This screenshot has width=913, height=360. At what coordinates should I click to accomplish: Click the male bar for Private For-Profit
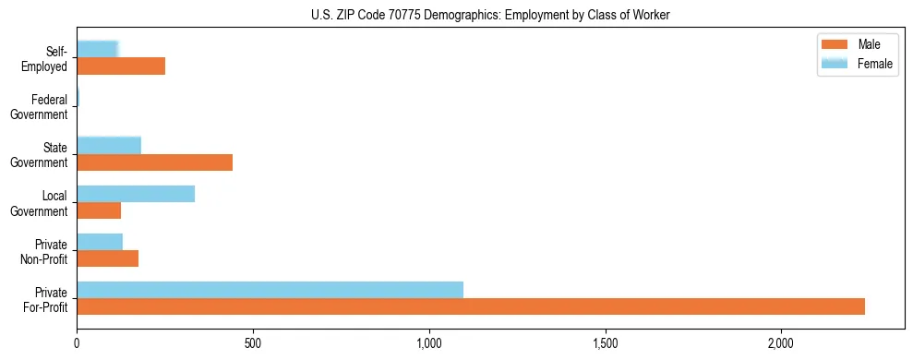(471, 306)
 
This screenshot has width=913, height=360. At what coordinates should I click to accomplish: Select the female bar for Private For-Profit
(270, 290)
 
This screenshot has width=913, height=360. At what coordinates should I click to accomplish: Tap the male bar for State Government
(154, 162)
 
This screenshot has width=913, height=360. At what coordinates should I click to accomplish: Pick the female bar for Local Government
(136, 194)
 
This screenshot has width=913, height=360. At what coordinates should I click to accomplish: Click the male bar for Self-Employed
(121, 66)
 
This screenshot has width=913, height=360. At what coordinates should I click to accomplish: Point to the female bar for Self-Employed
(97, 49)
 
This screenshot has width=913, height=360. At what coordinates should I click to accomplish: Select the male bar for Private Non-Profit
(108, 258)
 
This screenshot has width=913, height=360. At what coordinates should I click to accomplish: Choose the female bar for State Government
(109, 145)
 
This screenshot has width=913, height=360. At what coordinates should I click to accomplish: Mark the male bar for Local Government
(99, 210)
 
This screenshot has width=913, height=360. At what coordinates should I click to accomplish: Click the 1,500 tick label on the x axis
(606, 343)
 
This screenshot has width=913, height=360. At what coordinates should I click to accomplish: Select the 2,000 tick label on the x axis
(781, 343)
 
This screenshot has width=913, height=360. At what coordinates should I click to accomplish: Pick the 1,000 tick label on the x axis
(429, 343)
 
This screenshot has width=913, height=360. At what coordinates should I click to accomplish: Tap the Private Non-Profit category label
(44, 251)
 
